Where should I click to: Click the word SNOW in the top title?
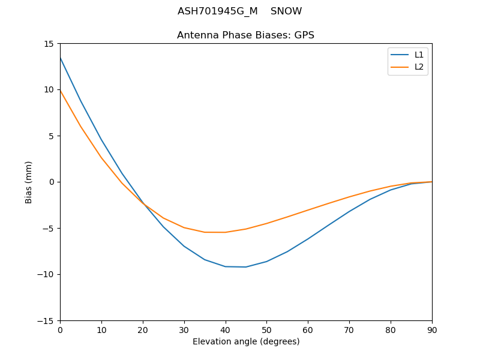click(286, 11)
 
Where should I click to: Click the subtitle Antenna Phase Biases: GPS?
click(245, 35)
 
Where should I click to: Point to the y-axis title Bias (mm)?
click(29, 182)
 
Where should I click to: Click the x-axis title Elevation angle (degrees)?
click(246, 341)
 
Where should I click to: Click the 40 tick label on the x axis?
click(225, 329)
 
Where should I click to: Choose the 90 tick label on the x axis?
click(432, 329)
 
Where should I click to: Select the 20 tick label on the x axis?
click(143, 329)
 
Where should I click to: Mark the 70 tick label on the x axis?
click(349, 329)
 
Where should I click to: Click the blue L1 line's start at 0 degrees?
click(60, 58)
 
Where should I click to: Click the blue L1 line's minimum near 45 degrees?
click(246, 267)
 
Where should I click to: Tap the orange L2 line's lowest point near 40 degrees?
click(225, 232)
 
